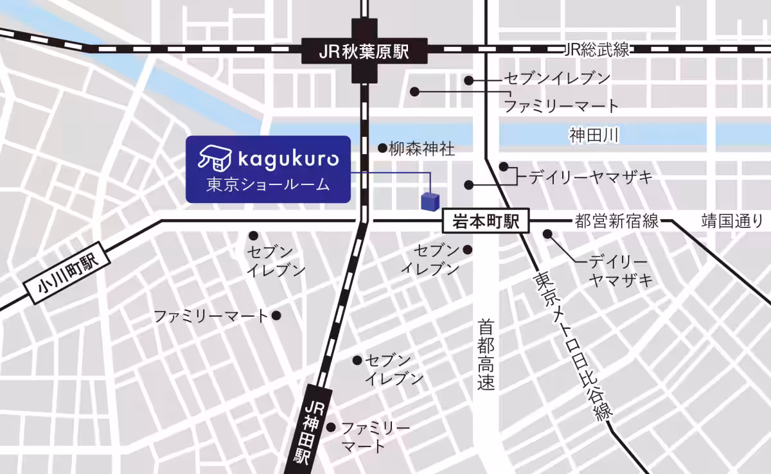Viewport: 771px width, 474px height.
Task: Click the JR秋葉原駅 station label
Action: pos(364,51)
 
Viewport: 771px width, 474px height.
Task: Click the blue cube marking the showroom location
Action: pos(429,200)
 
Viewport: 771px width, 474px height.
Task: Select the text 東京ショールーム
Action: pos(268,185)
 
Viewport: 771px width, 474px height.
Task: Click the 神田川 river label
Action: pos(593,135)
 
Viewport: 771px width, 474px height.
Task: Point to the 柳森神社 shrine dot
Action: pos(382,148)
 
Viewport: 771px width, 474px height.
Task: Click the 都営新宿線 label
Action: pos(617,222)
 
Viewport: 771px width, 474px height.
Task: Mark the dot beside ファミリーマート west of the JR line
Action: pos(276,315)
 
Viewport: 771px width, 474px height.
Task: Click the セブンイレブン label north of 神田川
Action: pos(556,79)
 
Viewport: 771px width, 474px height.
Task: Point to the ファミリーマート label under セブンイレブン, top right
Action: pos(560,106)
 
